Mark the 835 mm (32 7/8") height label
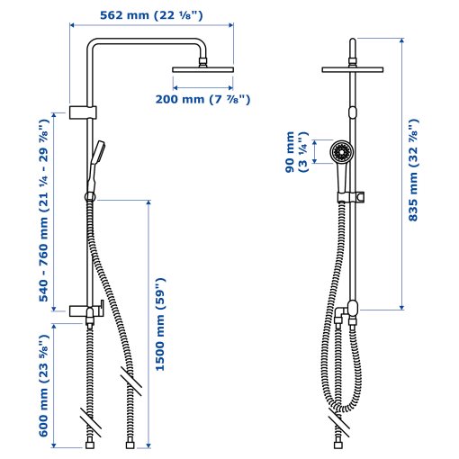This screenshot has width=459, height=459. point(414,170)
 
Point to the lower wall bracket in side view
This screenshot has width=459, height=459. point(82,310)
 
